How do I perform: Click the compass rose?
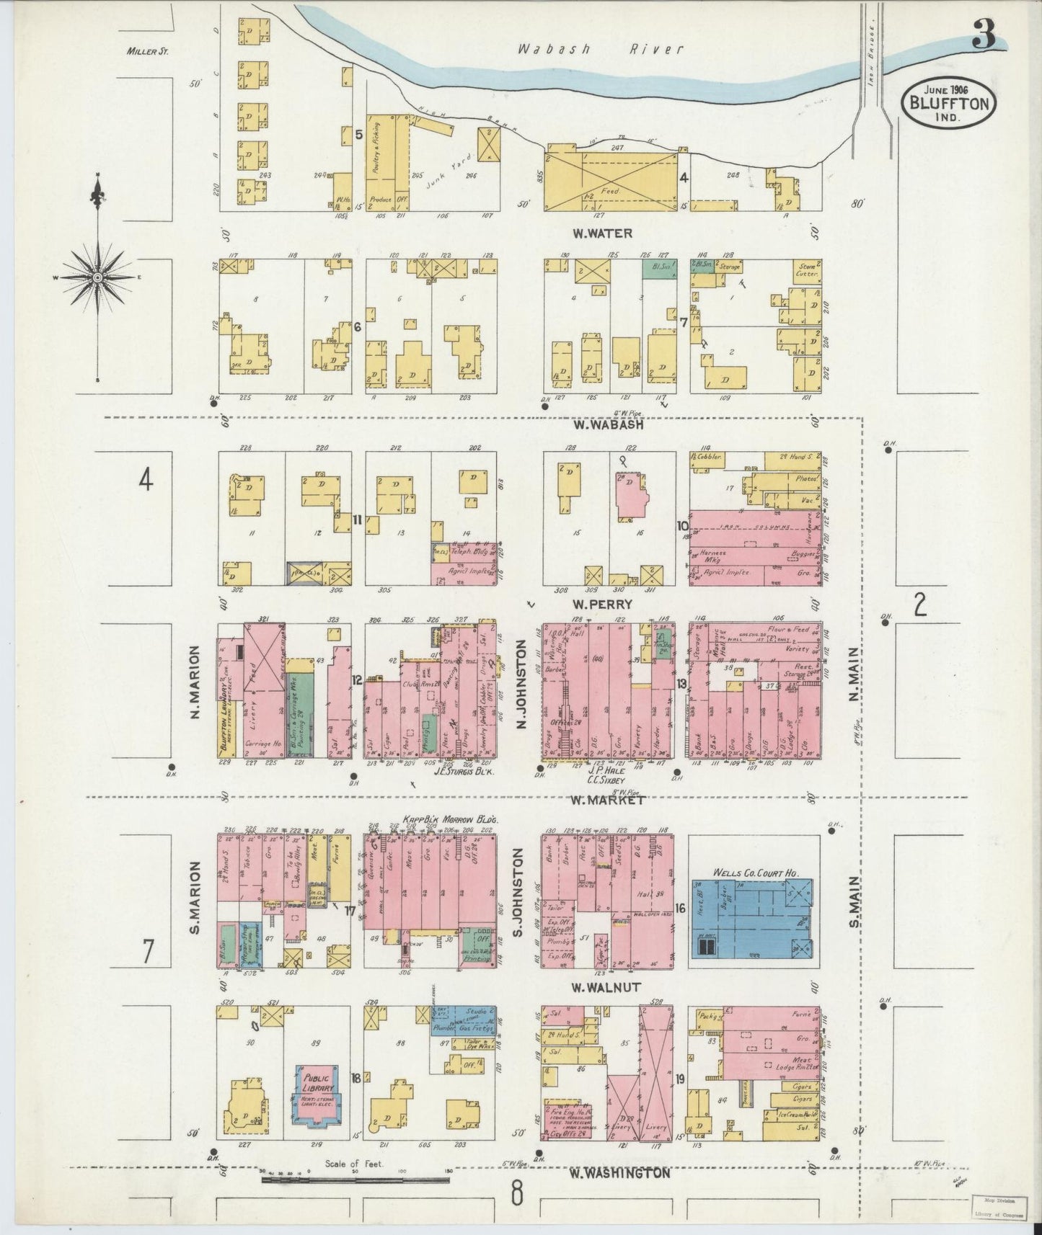coord(98,277)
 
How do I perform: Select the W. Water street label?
coord(602,233)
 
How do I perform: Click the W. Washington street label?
coord(619,1173)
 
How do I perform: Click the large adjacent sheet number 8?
coord(517,1194)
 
